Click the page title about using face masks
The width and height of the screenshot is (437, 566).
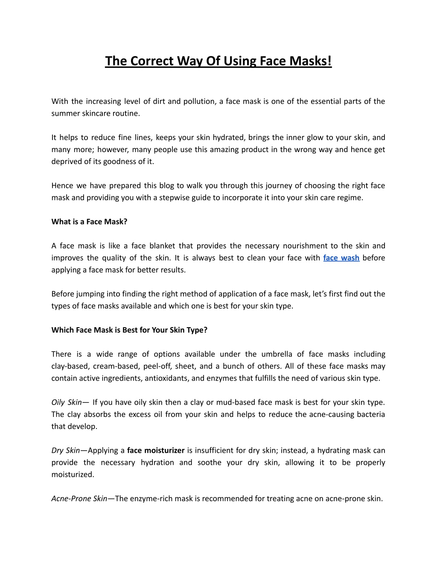[218, 61]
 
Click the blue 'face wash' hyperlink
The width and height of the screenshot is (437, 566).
[341, 258]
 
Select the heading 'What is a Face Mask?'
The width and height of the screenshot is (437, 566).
[89, 222]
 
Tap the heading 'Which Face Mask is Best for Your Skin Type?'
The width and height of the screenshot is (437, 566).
[129, 330]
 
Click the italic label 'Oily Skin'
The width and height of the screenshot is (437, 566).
[66, 402]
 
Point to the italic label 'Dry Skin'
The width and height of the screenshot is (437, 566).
[65, 450]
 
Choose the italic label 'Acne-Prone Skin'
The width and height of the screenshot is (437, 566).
[79, 499]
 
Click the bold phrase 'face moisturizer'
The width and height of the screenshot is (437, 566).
[156, 450]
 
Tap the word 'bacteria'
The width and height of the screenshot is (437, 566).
[370, 414]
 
